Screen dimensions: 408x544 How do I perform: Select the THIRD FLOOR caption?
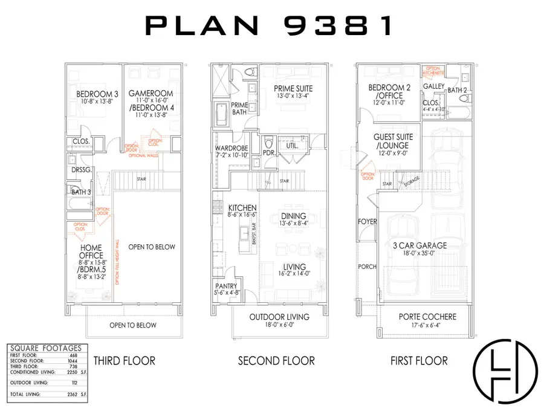(125, 361)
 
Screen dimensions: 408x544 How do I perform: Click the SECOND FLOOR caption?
(276, 361)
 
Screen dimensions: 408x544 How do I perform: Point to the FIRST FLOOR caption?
(419, 361)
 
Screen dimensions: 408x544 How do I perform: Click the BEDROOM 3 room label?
(97, 94)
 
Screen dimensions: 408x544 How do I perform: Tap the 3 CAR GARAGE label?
(419, 245)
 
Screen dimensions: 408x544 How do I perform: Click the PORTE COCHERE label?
(428, 317)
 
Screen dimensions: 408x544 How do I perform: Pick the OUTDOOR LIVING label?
(279, 317)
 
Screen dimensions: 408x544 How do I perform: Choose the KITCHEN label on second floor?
(233, 208)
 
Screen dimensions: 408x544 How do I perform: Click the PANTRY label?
(227, 287)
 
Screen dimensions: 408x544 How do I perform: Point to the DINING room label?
(293, 216)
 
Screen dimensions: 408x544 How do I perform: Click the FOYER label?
(367, 222)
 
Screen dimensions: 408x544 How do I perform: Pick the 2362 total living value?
(71, 393)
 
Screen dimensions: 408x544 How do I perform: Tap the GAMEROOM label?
(152, 94)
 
